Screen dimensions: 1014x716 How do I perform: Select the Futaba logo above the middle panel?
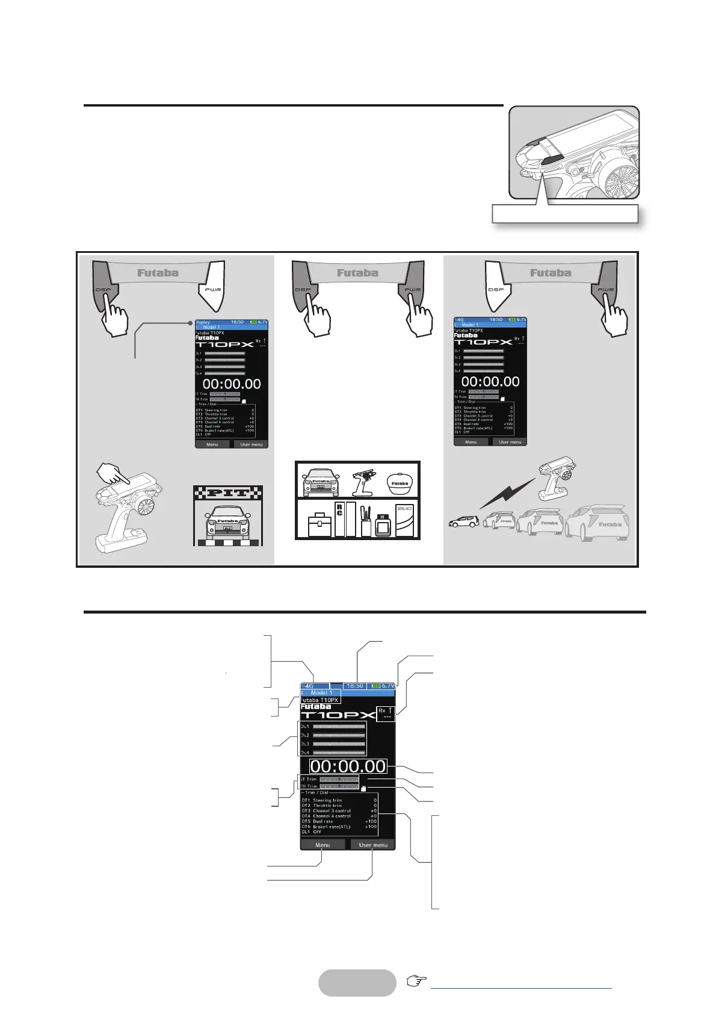pyautogui.click(x=357, y=273)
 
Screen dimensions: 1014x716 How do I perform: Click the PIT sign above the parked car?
pyautogui.click(x=227, y=493)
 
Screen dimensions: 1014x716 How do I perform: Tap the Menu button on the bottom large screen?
pyautogui.click(x=323, y=845)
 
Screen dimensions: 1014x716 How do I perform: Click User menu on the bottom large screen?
pyautogui.click(x=373, y=845)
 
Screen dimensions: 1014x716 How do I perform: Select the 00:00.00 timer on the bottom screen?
pyautogui.click(x=348, y=766)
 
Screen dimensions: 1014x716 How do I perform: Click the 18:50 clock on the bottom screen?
pyautogui.click(x=355, y=685)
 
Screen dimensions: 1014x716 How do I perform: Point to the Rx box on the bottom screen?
pyautogui.click(x=385, y=714)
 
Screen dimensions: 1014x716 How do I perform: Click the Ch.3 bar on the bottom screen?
pyautogui.click(x=339, y=744)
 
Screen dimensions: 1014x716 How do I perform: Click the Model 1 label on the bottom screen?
pyautogui.click(x=321, y=692)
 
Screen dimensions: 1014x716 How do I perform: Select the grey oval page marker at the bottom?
pyautogui.click(x=357, y=983)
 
